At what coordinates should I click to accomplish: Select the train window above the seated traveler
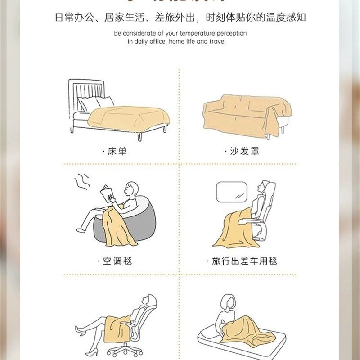tap(231, 192)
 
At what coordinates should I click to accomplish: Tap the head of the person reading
tap(132, 189)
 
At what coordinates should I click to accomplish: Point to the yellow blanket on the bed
tap(130, 116)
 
